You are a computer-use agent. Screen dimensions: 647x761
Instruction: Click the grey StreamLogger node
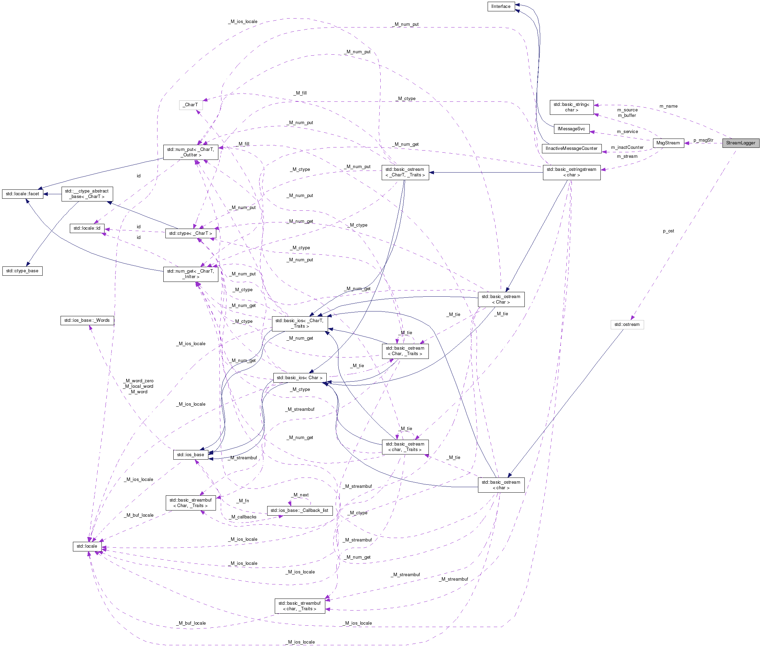[x=740, y=143]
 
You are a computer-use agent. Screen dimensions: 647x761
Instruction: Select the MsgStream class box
[x=668, y=143]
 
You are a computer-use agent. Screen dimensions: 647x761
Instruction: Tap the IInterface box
[x=500, y=7]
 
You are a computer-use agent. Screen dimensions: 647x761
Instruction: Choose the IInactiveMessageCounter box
[x=571, y=149]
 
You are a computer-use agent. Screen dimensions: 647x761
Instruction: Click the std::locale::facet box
[x=22, y=194]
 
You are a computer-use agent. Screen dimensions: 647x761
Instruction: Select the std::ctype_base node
[x=22, y=271]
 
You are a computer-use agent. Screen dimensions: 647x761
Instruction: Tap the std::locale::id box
[x=87, y=229]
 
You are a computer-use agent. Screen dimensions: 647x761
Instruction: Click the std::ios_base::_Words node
[x=87, y=320]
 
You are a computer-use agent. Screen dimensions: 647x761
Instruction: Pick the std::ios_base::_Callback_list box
[x=300, y=511]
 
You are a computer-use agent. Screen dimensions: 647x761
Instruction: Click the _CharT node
[x=191, y=105]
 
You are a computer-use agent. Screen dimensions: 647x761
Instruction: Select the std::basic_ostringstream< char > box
[x=571, y=172]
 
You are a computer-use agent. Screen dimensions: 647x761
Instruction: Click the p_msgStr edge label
[x=703, y=141]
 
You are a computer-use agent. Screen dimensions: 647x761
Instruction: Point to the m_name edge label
[x=668, y=106]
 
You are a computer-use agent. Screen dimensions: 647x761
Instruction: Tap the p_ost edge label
[x=668, y=231]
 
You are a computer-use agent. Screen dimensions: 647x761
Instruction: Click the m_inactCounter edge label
[x=627, y=147]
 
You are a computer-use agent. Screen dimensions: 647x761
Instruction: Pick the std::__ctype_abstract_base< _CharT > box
[x=87, y=194]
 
